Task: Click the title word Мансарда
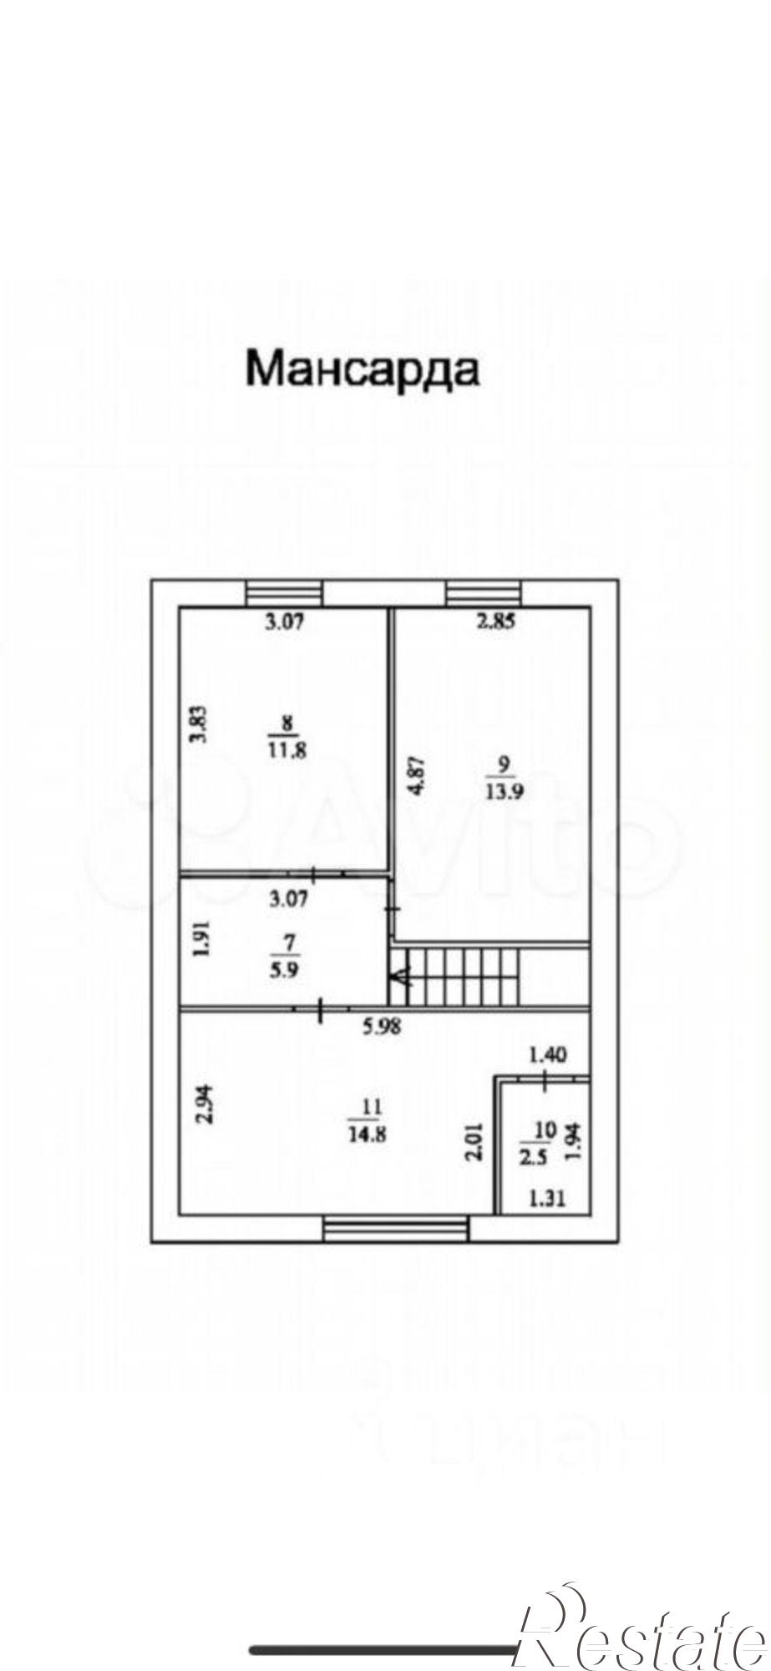point(363,369)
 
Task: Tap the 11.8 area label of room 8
point(287,749)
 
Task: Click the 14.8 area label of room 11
point(368,1135)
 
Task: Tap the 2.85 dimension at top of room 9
point(496,621)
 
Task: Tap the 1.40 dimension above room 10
point(548,1055)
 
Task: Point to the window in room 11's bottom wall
point(396,1229)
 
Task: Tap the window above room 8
point(286,593)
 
